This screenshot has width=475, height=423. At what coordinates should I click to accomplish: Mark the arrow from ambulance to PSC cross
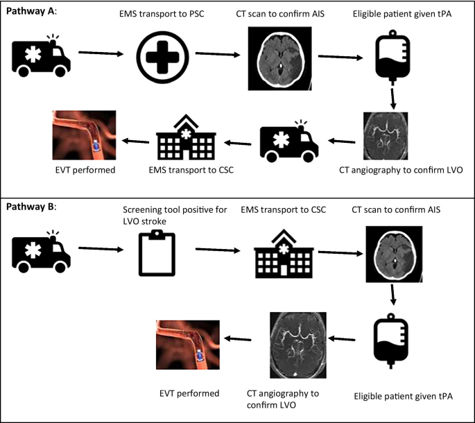(101, 52)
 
